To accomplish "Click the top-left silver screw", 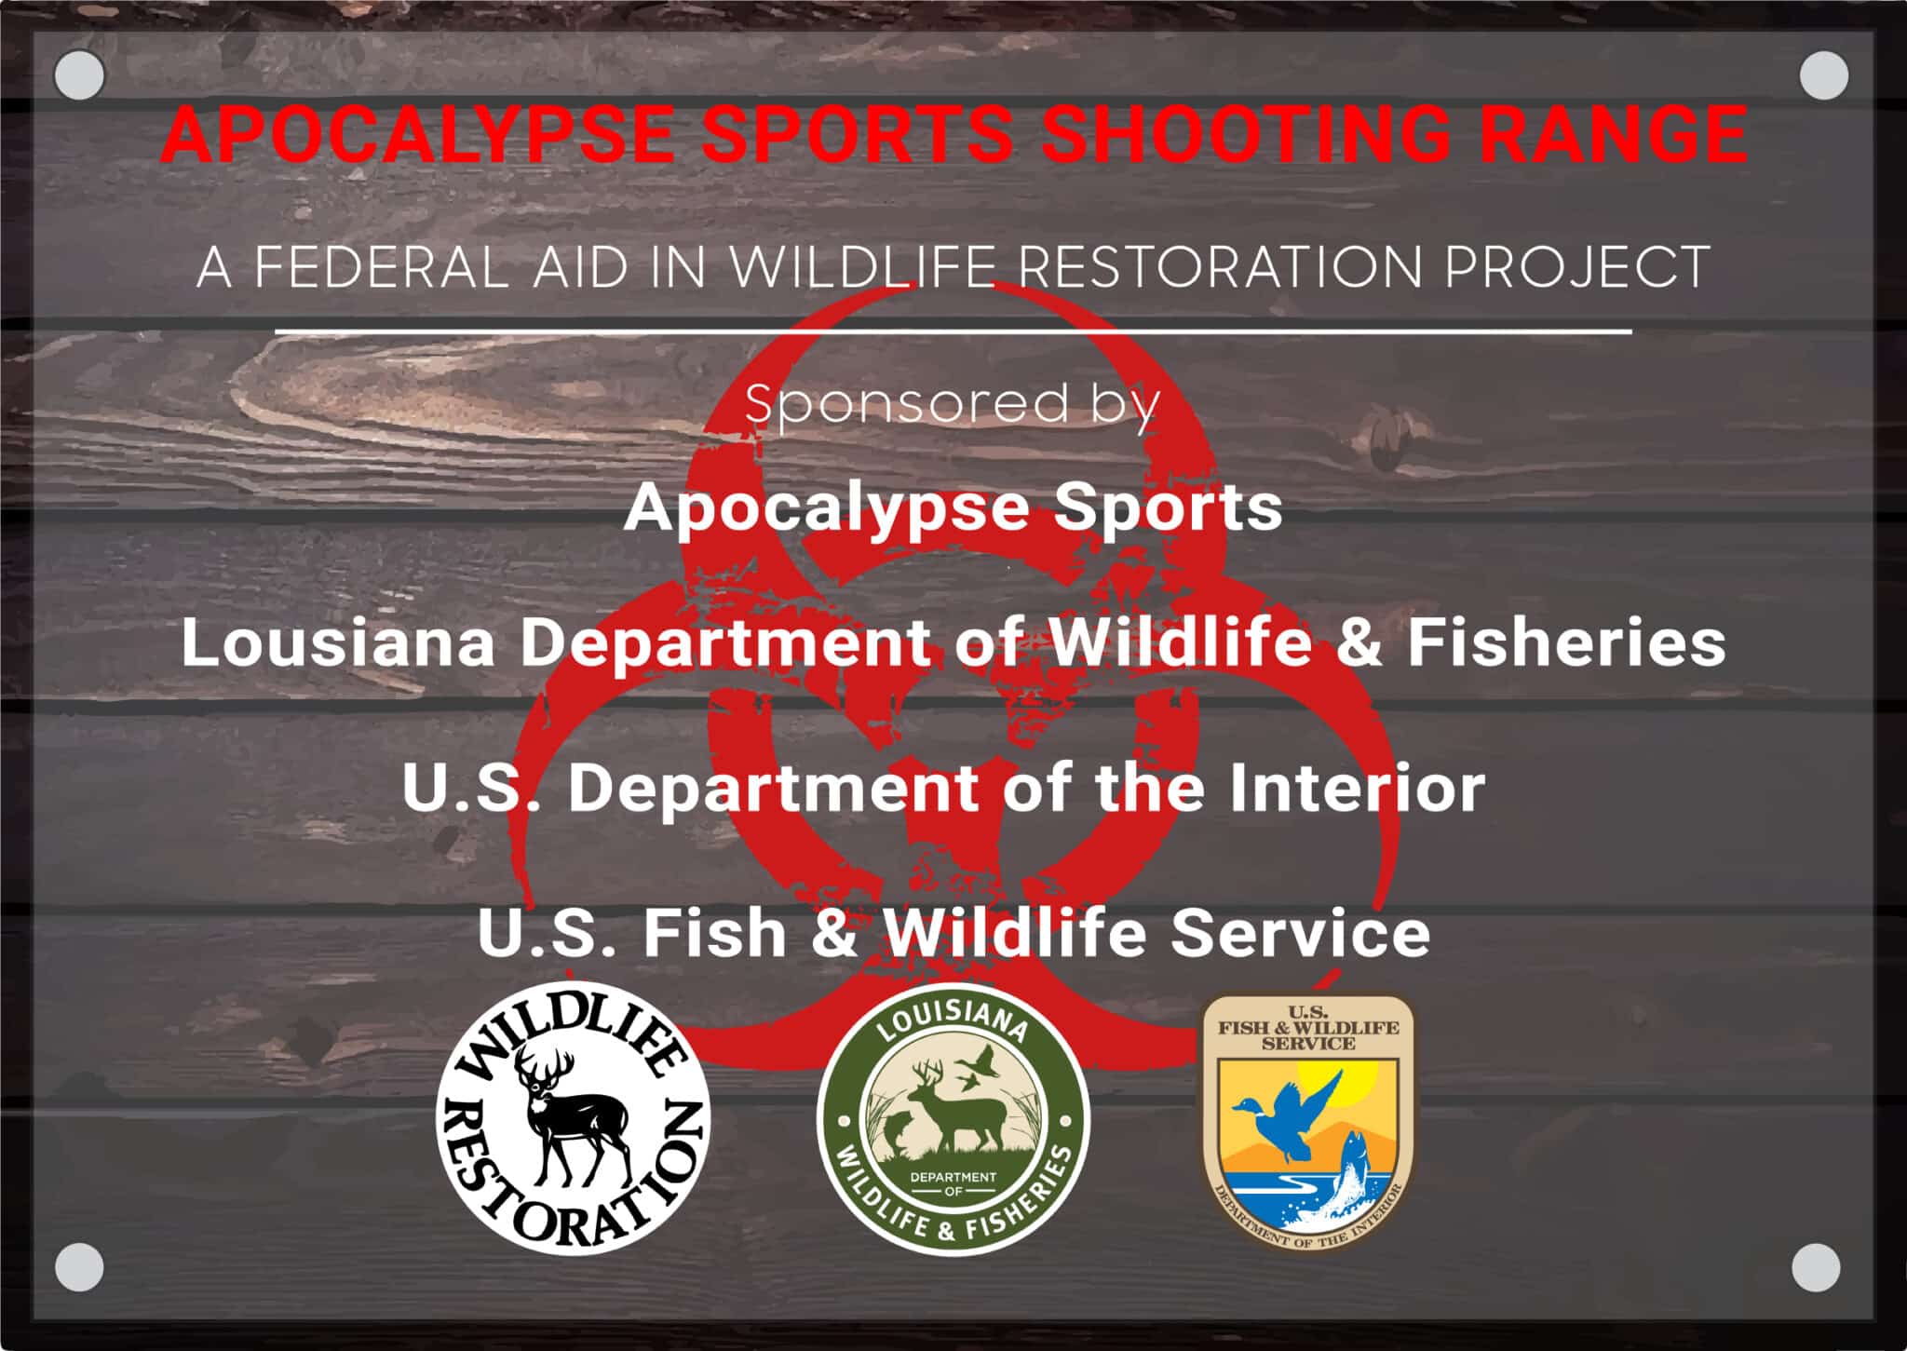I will click(79, 74).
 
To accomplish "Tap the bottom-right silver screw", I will click(1816, 1267).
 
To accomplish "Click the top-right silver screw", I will click(1823, 75).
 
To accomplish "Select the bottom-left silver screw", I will click(79, 1267).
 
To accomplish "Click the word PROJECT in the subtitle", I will click(1576, 267).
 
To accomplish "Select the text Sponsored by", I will click(952, 404).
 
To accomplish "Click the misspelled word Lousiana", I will click(338, 642).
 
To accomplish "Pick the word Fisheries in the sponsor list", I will click(1566, 642).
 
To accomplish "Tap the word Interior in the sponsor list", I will click(1357, 788).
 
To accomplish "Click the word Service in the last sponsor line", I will click(1300, 933).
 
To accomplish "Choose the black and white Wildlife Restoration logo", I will click(574, 1118).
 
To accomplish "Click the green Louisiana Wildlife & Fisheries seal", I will click(953, 1118).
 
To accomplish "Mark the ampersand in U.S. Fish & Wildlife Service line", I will click(834, 933).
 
